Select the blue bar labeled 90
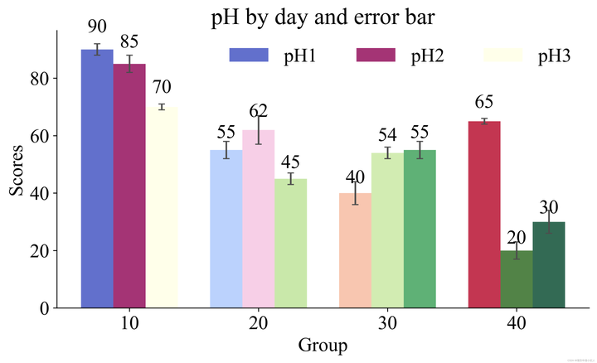(x=97, y=178)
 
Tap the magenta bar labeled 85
(x=129, y=186)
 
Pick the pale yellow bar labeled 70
(x=162, y=207)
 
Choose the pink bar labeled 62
(x=259, y=219)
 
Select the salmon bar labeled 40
(x=355, y=250)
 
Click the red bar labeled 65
(x=484, y=215)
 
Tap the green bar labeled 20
(x=517, y=279)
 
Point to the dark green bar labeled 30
(x=549, y=265)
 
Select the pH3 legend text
(x=555, y=56)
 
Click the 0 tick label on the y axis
(x=45, y=308)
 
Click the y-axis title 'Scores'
(x=17, y=178)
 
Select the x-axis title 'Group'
(x=322, y=345)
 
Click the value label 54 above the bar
(x=387, y=134)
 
